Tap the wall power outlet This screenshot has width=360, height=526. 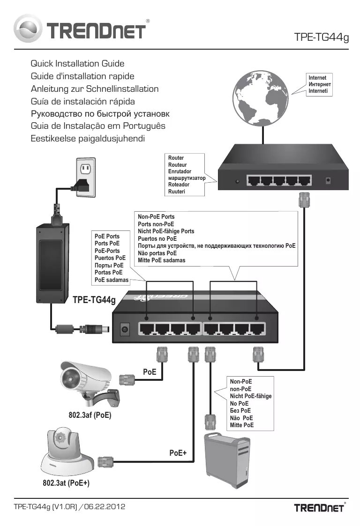[x=86, y=177]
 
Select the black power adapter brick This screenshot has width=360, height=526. [x=52, y=263]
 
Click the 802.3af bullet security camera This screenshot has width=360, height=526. [x=90, y=383]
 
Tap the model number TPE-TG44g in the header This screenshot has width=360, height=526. [x=322, y=37]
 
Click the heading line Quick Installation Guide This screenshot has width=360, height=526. [x=77, y=63]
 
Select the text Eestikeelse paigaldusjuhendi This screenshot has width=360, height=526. [x=88, y=139]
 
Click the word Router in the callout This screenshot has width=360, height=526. [x=176, y=158]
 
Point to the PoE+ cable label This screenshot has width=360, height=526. [x=178, y=453]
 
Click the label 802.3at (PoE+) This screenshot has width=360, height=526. [x=66, y=483]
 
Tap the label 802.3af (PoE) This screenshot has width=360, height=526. [x=90, y=415]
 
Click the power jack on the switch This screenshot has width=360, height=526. [x=125, y=329]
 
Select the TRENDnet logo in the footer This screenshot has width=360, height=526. [x=320, y=508]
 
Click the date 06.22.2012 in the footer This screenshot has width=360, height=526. [x=105, y=506]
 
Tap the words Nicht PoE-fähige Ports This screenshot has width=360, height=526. [x=166, y=231]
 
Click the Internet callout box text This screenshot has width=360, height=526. [x=319, y=84]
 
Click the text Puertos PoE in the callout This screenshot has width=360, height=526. [x=110, y=258]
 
